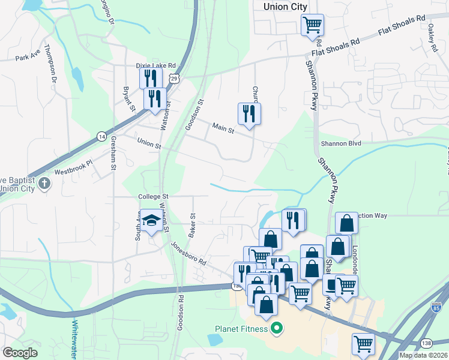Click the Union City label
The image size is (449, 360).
(x=285, y=7)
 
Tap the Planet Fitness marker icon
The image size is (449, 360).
(x=277, y=328)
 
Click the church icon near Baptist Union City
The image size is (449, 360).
(x=44, y=184)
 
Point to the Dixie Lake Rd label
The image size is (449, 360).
(x=155, y=65)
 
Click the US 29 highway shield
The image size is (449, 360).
(x=173, y=79)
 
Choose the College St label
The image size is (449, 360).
(x=154, y=196)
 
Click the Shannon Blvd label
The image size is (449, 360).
(x=341, y=143)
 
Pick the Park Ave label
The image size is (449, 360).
(x=27, y=58)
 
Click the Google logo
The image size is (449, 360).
(x=20, y=353)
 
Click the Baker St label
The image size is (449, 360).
(x=193, y=224)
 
